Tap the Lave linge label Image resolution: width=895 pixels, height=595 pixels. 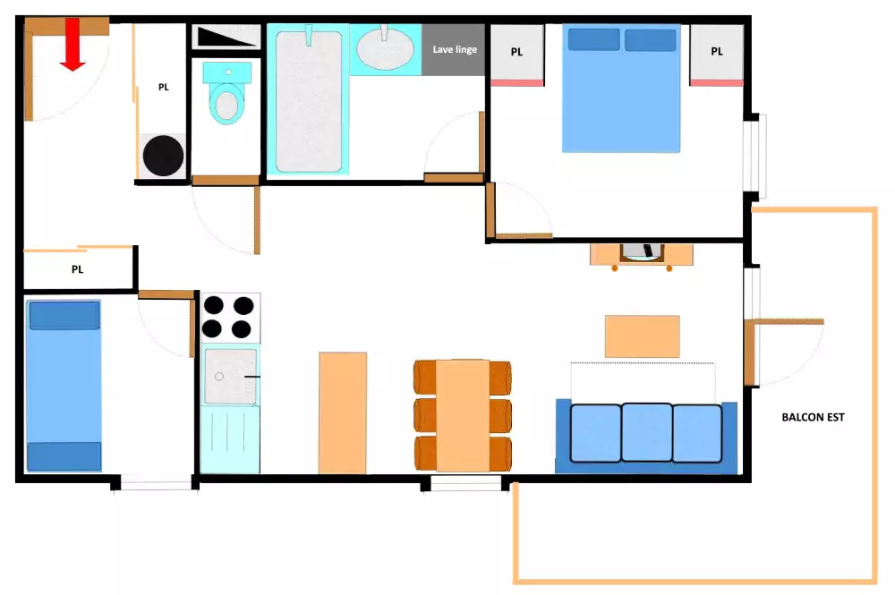(x=455, y=49)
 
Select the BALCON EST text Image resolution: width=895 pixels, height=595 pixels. (x=813, y=417)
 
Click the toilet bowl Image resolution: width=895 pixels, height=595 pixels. (x=226, y=103)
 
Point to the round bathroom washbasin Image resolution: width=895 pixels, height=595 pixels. (x=385, y=48)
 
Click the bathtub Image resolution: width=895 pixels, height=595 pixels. (x=309, y=100)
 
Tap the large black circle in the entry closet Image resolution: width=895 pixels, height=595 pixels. (x=163, y=156)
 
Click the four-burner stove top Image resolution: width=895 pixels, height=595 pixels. (x=231, y=317)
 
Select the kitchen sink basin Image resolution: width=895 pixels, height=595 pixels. (x=231, y=377)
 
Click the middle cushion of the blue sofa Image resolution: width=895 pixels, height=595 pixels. (x=646, y=432)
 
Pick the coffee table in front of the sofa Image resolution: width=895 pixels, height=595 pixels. (x=642, y=336)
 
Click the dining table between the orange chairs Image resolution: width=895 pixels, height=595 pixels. (x=463, y=416)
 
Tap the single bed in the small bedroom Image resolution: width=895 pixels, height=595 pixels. (x=64, y=386)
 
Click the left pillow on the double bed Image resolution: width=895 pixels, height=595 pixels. (x=593, y=39)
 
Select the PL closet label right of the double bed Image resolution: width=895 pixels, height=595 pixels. (x=716, y=51)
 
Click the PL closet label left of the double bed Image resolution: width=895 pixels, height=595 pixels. (x=516, y=52)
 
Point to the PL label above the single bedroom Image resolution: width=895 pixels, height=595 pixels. (x=77, y=269)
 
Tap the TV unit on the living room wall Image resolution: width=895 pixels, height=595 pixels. (x=642, y=254)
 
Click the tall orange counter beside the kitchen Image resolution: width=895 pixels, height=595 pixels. (x=343, y=413)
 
